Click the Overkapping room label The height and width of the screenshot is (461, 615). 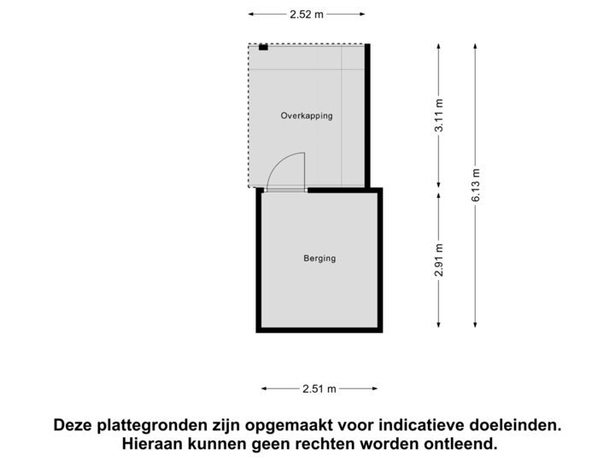pos(307,115)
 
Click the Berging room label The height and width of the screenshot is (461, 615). pos(319,259)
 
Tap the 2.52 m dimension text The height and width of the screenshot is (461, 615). pos(307,14)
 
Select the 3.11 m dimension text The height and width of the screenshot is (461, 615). pos(438,116)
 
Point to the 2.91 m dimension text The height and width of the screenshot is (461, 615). pos(438,260)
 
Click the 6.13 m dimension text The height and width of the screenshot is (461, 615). pos(476,184)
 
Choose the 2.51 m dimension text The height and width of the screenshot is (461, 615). pos(319,389)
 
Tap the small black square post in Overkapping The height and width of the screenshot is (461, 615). pos(263,47)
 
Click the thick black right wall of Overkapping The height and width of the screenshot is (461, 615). pos(369,115)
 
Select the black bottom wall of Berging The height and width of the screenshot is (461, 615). pos(319,330)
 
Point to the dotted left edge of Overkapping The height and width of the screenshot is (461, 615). pos(249,115)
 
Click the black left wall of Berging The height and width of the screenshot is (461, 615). pos(258,260)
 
